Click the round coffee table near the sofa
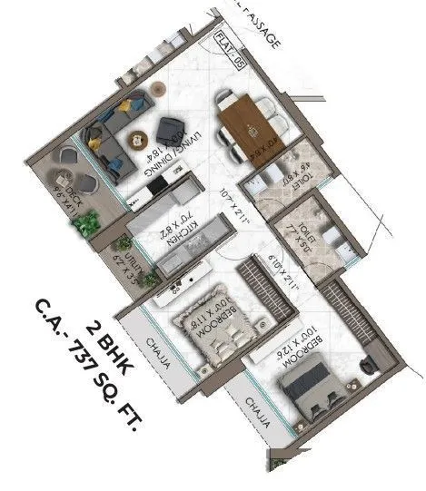pos(136,137)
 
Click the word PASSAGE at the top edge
pos(264,28)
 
